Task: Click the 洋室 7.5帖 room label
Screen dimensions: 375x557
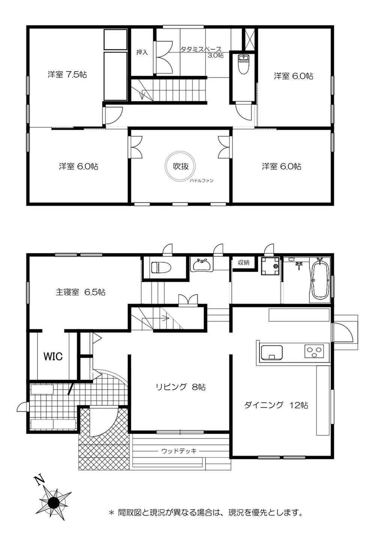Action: (67, 74)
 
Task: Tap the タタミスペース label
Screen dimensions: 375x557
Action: (201, 49)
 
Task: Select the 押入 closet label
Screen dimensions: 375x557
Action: (142, 52)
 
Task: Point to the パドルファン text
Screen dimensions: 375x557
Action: (202, 181)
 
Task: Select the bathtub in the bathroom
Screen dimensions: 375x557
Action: (320, 281)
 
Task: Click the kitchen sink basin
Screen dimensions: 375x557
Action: (271, 352)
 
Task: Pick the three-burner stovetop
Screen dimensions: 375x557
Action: (314, 351)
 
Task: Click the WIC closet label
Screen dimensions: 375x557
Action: (53, 357)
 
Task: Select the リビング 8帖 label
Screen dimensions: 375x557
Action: (181, 387)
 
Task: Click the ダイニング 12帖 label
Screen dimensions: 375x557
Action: (276, 405)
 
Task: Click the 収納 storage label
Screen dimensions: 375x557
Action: (243, 262)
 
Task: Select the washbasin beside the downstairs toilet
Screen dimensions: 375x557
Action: (202, 265)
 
